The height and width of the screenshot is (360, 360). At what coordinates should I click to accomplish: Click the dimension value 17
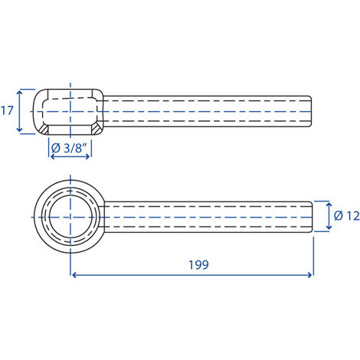tap(7, 111)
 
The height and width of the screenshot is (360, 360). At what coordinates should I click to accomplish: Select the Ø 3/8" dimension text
tap(69, 148)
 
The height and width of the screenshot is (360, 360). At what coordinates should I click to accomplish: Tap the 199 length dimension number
tap(198, 265)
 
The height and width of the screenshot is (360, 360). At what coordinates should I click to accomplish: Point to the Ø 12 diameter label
tap(347, 216)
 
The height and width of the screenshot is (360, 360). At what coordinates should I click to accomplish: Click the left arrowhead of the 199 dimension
tap(74, 275)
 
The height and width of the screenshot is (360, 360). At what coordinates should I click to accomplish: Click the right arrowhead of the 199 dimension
tap(309, 275)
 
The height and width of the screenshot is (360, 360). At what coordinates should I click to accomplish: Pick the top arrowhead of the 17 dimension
tap(19, 92)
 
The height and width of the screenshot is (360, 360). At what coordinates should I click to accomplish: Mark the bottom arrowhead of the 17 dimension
tap(19, 129)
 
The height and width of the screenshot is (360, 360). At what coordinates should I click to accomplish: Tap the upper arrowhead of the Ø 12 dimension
tap(329, 205)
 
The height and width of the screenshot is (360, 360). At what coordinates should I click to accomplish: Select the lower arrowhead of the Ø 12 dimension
tap(329, 227)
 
